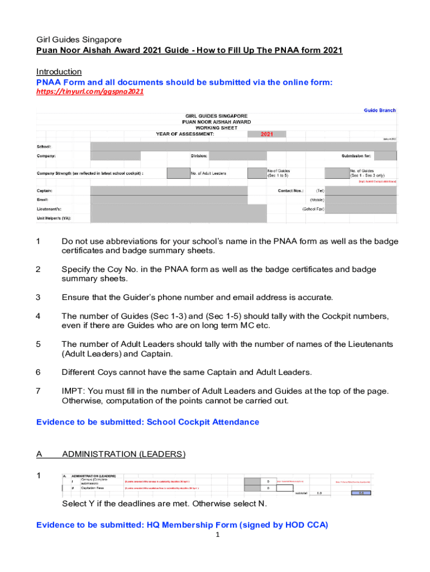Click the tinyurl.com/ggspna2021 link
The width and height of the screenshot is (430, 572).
(90, 92)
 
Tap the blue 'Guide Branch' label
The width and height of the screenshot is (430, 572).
(380, 111)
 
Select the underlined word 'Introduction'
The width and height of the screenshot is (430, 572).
(59, 71)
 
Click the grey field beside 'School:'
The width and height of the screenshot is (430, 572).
(243, 146)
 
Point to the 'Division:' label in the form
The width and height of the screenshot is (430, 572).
(199, 156)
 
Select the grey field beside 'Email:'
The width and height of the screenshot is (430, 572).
(168, 199)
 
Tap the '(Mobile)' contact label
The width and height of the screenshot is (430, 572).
(317, 200)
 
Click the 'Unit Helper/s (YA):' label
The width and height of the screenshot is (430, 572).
(54, 218)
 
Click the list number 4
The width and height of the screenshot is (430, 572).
(39, 316)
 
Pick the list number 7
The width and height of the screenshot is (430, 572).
(39, 391)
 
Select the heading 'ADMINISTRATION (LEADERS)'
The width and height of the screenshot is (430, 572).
(123, 454)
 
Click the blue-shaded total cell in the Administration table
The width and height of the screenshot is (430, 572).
(360, 493)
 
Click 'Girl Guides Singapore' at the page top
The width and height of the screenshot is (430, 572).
(79, 40)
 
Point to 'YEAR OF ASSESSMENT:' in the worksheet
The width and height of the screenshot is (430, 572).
(184, 134)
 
